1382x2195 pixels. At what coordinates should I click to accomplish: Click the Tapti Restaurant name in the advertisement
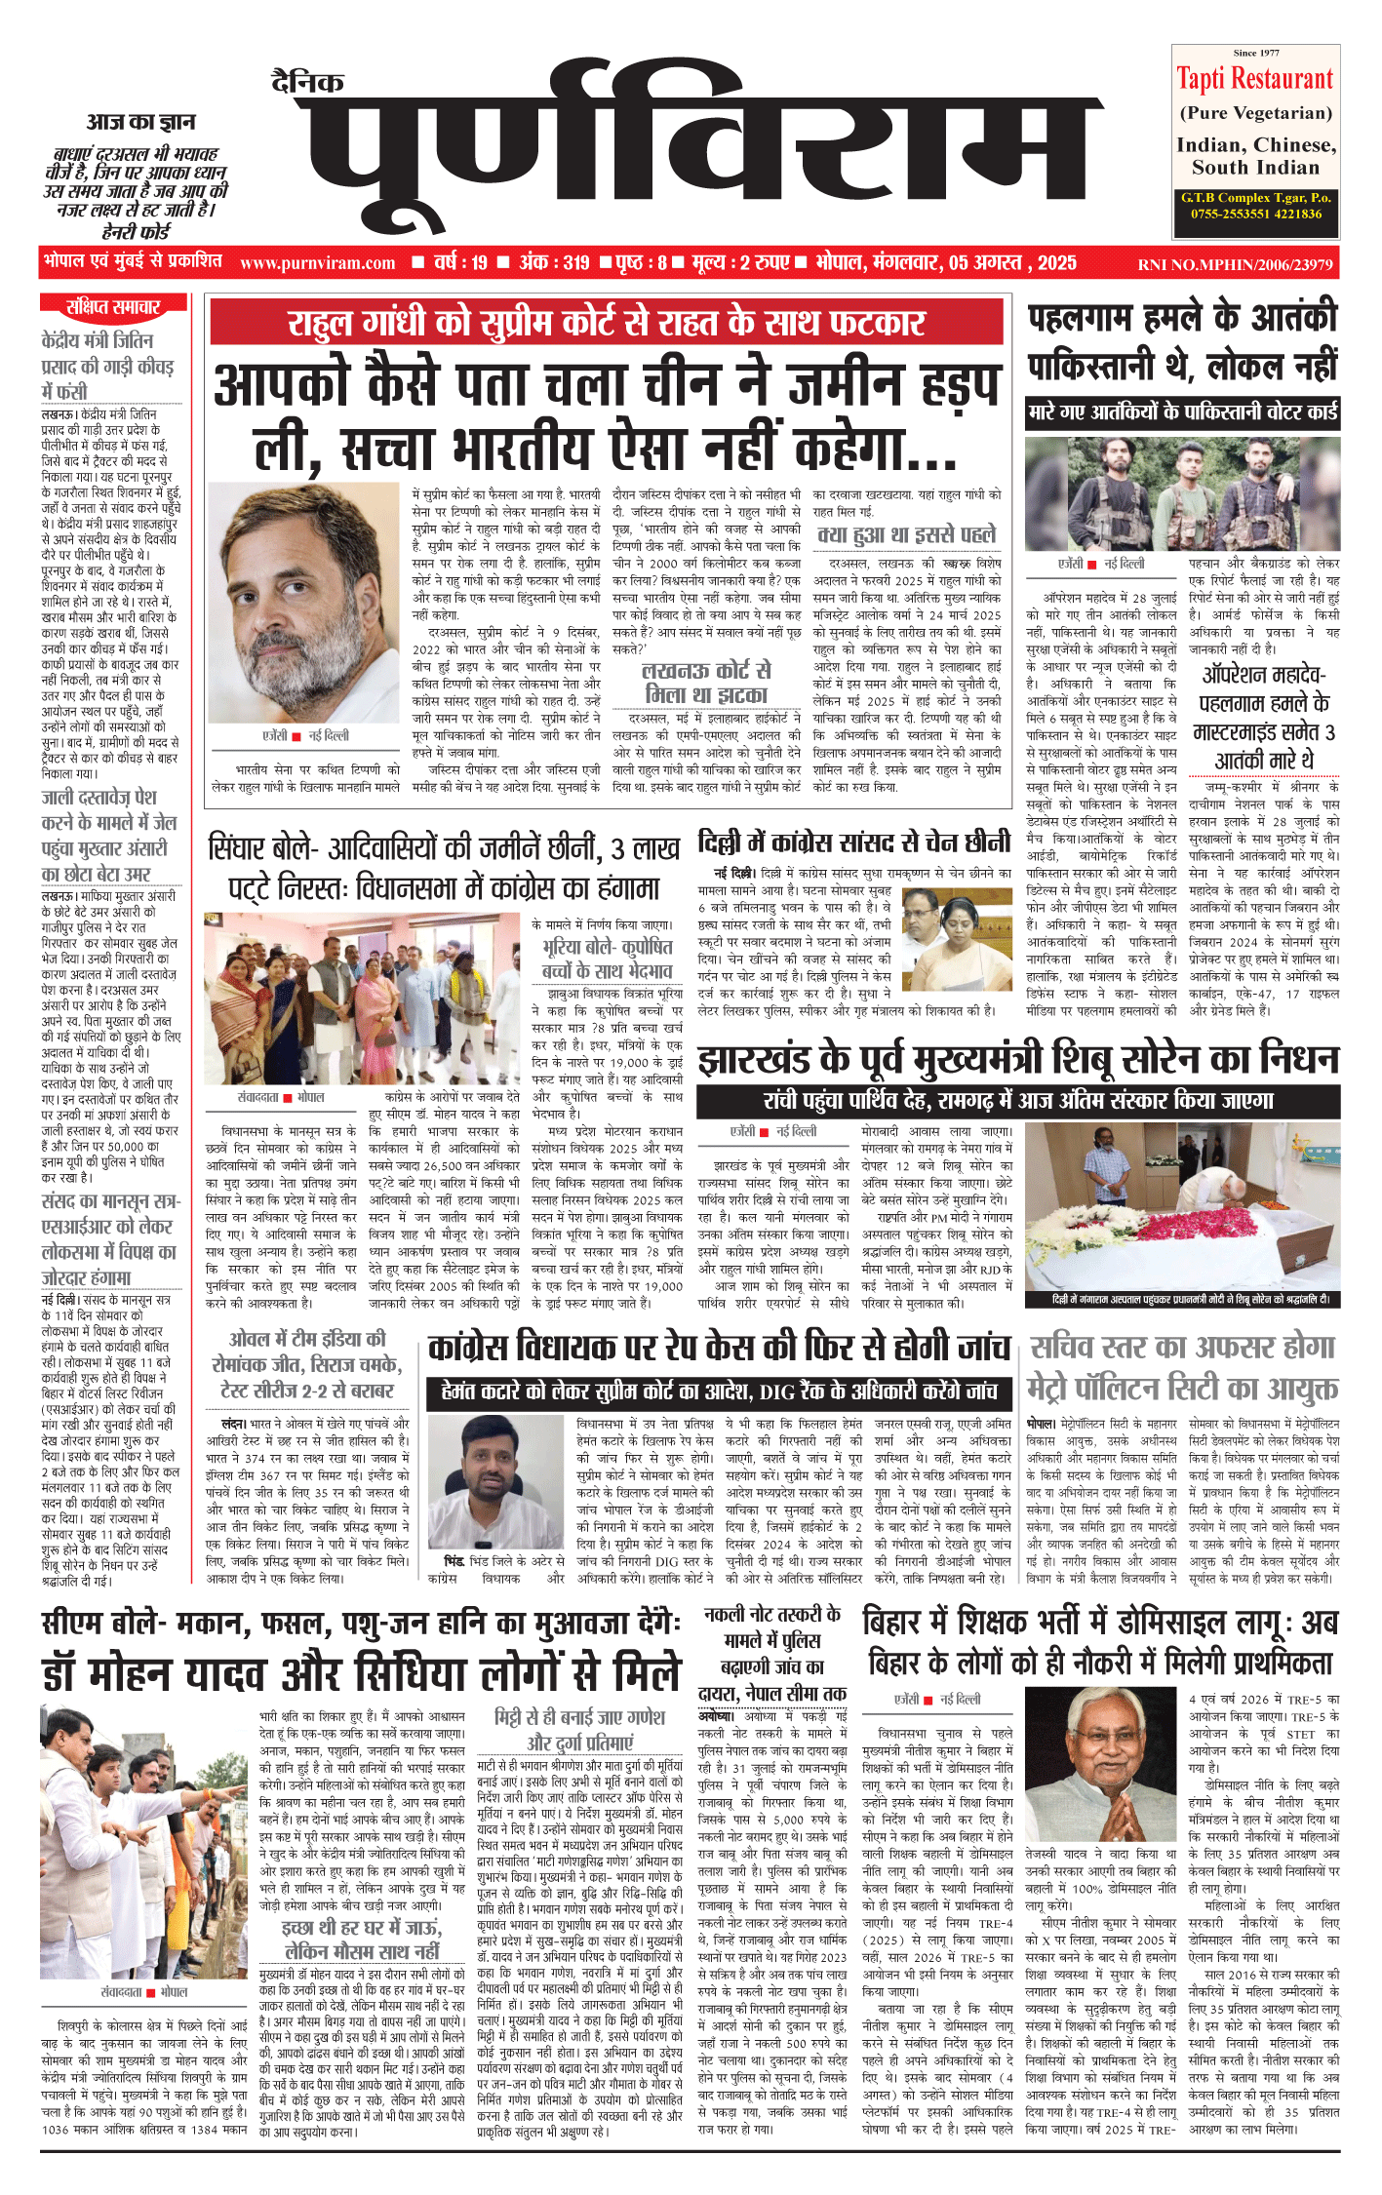pyautogui.click(x=1254, y=79)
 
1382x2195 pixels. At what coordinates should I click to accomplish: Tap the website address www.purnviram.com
pyautogui.click(x=318, y=262)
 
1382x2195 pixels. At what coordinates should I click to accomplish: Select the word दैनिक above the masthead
pyautogui.click(x=307, y=82)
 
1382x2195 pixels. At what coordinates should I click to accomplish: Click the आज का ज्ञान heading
pyautogui.click(x=140, y=122)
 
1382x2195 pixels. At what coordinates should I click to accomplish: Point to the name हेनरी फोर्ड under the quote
pyautogui.click(x=136, y=231)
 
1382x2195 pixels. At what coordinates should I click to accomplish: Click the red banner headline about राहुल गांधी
pyautogui.click(x=607, y=323)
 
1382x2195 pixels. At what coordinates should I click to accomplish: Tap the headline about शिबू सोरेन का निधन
pyautogui.click(x=1018, y=1058)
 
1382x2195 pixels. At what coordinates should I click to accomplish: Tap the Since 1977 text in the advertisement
pyautogui.click(x=1255, y=53)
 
